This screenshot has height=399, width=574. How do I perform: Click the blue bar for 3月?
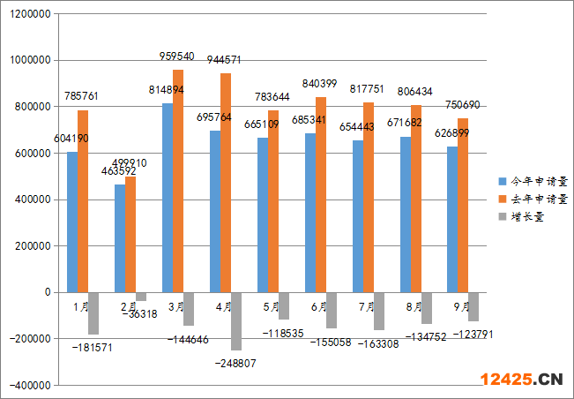tap(168, 198)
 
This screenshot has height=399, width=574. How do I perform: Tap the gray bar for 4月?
tap(236, 320)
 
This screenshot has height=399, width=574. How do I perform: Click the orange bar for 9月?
tap(463, 212)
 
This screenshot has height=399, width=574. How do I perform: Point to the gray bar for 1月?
tap(93, 312)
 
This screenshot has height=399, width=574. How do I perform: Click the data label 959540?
tap(177, 55)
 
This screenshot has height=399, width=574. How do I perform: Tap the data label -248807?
tap(235, 363)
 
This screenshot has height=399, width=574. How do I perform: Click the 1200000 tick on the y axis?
tap(29, 14)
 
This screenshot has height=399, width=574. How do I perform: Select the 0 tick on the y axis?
tap(49, 292)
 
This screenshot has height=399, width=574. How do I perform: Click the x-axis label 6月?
tap(319, 307)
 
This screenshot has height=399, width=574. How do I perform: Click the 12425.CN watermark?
tap(521, 380)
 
